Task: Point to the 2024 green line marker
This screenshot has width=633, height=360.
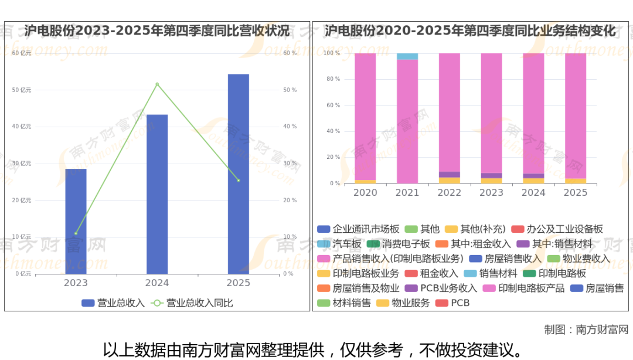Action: coord(157,84)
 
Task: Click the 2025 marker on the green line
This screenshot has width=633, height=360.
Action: coord(238,180)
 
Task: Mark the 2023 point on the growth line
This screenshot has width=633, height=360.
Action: coord(76,233)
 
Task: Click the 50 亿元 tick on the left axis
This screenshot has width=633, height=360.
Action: coord(22,90)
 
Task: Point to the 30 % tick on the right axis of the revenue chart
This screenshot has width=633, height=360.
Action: coord(290,164)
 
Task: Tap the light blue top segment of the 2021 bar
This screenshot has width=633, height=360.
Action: coord(407,56)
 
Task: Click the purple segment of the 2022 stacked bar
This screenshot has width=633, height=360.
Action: coord(450,175)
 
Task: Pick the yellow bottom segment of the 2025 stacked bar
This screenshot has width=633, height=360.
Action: coord(576,181)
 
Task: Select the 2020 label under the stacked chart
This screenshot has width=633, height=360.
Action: coord(365,193)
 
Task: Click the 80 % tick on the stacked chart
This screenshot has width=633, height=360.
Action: coord(333,79)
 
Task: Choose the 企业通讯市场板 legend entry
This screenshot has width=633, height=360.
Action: coord(358,229)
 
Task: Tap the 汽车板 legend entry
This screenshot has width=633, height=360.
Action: coord(346,243)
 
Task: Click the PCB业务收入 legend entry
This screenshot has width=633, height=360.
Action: coord(442,288)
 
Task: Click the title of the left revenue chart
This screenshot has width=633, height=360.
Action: coord(157,30)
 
